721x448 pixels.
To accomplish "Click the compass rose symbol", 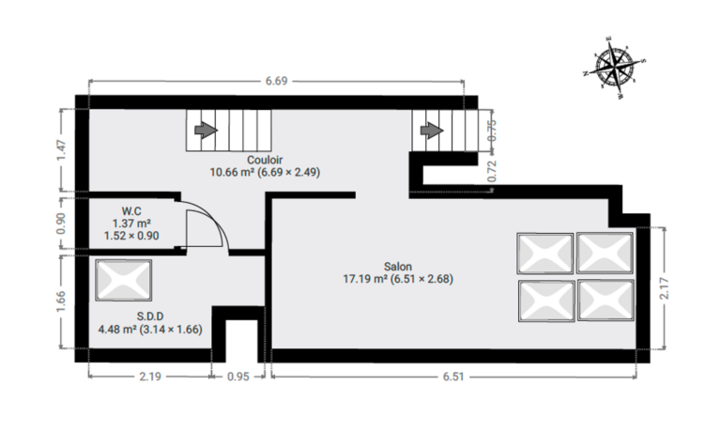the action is [615, 67].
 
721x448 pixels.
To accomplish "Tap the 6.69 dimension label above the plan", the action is [276, 81].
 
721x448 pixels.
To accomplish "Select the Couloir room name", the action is [265, 160].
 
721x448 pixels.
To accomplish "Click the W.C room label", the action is [131, 211].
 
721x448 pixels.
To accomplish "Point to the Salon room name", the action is [398, 267].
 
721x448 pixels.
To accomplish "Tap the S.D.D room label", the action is [150, 316].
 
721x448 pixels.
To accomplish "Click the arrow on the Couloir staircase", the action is [206, 131].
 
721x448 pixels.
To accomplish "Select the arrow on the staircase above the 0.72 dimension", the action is [431, 131].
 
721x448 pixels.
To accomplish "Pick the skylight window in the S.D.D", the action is [124, 280].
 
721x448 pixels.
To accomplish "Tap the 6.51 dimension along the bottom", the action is [453, 377].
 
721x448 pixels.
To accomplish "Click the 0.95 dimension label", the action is [238, 377].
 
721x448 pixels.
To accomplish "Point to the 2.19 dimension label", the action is [150, 377].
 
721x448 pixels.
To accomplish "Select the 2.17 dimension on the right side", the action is [665, 288].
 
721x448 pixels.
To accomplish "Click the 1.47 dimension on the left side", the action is [61, 150].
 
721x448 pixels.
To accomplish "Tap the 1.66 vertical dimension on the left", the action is [61, 301].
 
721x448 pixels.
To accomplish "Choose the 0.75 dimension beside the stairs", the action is [492, 131].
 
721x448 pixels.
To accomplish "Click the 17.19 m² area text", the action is [365, 279].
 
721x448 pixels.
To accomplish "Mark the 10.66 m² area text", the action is [232, 172].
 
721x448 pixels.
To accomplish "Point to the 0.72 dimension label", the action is [492, 171].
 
